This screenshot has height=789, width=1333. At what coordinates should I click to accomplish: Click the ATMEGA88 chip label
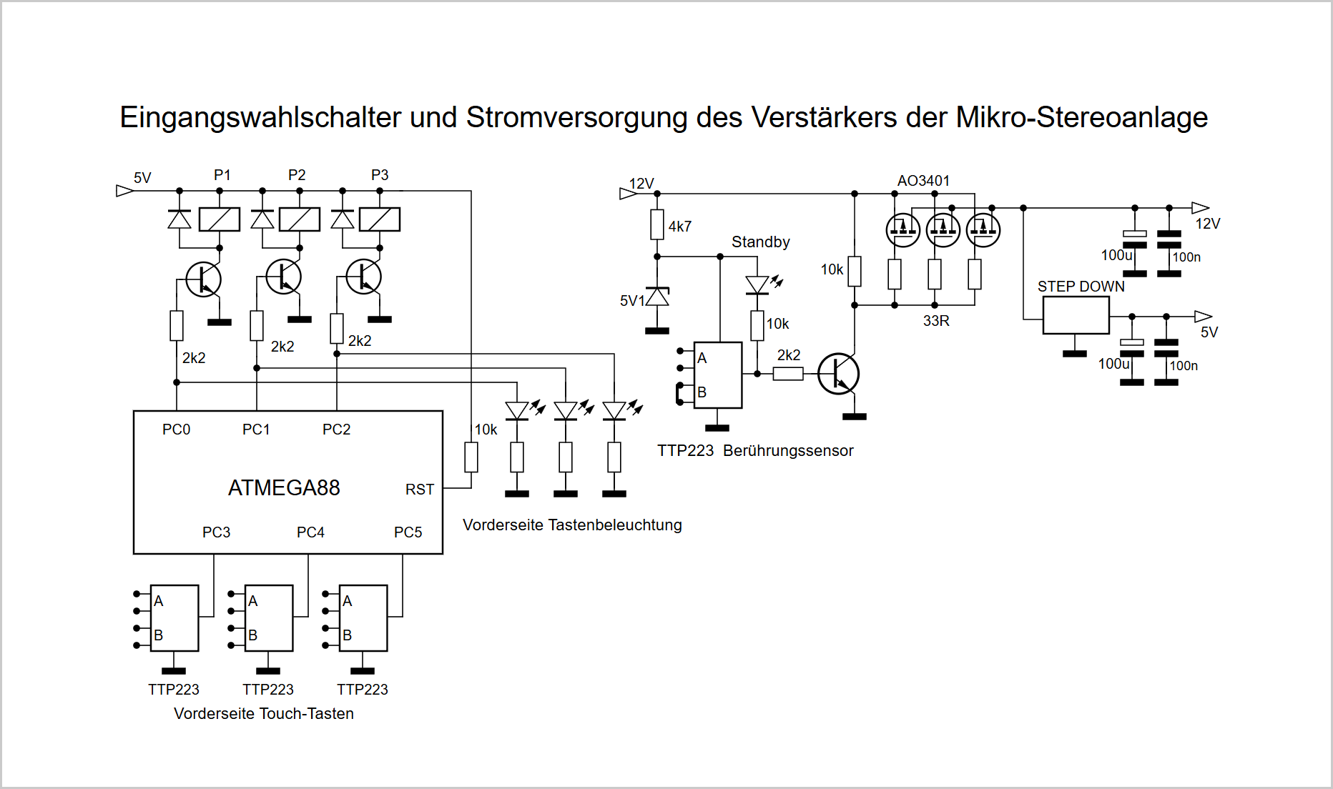[x=284, y=488]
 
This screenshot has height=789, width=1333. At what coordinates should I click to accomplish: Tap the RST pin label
[x=420, y=490]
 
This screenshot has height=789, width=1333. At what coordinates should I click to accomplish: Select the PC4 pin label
[x=310, y=532]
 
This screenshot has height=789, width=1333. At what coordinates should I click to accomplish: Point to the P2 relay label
[x=297, y=175]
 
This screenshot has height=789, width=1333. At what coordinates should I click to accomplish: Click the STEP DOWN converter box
[x=1076, y=315]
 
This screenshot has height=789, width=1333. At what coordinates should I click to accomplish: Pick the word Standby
[x=761, y=242]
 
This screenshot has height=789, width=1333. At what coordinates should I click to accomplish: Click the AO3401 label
[x=923, y=181]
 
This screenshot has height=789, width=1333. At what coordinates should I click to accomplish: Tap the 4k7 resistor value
[x=680, y=227]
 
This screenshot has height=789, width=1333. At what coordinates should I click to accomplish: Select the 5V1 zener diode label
[x=632, y=301]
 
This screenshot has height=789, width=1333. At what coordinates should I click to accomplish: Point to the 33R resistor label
[x=936, y=321]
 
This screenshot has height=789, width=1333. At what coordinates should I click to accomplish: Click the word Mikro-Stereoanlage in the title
[x=1082, y=118]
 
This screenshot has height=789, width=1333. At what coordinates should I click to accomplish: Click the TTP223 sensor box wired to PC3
[x=174, y=618]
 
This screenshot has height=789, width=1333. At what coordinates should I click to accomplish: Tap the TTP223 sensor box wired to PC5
[x=363, y=618]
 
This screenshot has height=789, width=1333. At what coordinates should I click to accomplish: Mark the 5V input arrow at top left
[x=125, y=191]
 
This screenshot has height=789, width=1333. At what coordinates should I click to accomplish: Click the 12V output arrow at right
[x=1201, y=208]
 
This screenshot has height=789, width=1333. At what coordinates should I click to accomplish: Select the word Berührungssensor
[x=788, y=451]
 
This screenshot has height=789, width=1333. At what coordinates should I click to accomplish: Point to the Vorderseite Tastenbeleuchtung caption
[x=572, y=525]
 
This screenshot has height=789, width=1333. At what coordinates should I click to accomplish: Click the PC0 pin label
[x=176, y=430]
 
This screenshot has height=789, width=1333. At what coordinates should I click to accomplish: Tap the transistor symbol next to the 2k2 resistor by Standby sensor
[x=838, y=374]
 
